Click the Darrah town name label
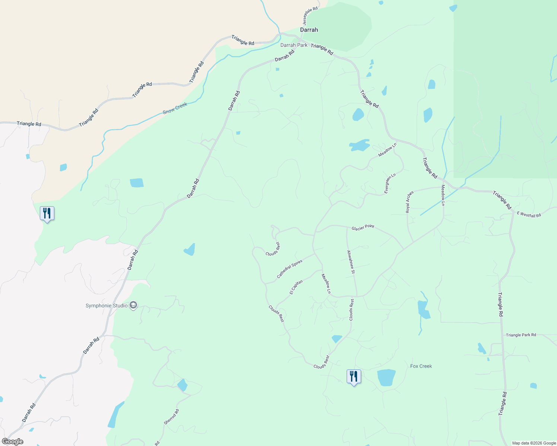(309, 30)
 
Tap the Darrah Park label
(294, 45)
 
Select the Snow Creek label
(175, 108)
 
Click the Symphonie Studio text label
(106, 306)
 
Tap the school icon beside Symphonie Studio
(133, 306)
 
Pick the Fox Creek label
(421, 366)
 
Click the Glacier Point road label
(363, 227)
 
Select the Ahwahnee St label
(350, 262)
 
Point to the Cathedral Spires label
(289, 269)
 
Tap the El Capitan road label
(296, 287)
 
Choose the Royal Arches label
(409, 202)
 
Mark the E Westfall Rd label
(529, 214)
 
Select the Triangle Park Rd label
(521, 335)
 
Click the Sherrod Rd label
(172, 417)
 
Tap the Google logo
(13, 442)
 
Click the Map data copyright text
(534, 443)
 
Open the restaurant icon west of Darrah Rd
(47, 213)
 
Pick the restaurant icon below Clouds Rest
(354, 376)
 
